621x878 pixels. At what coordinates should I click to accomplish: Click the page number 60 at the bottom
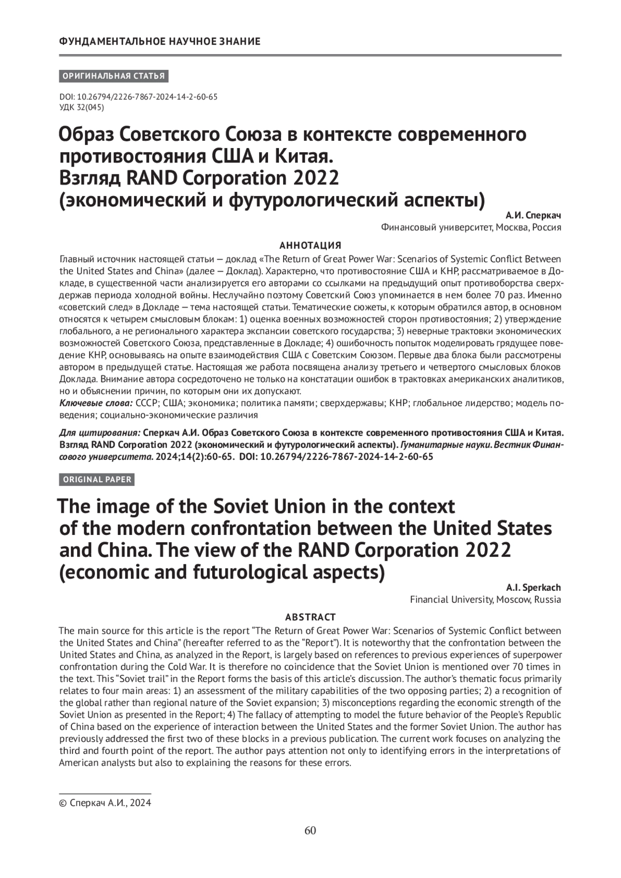click(310, 831)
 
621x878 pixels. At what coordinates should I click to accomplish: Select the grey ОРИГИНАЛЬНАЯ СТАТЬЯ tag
click(113, 77)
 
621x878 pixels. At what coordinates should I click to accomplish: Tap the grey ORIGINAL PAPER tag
click(97, 480)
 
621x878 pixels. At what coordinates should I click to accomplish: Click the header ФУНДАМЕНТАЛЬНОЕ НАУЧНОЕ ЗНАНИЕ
click(160, 41)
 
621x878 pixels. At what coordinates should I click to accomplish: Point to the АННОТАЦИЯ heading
click(310, 245)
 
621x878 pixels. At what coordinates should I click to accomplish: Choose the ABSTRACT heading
click(310, 617)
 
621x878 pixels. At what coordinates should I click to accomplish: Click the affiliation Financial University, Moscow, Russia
click(485, 600)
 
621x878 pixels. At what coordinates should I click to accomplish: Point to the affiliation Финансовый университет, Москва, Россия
click(470, 227)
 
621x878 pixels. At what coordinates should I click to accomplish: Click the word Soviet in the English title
click(244, 505)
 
